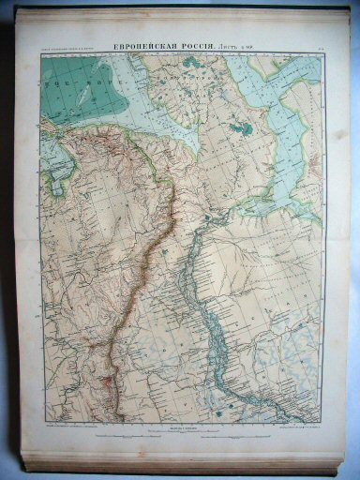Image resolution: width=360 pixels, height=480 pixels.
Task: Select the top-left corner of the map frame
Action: (40, 53)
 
